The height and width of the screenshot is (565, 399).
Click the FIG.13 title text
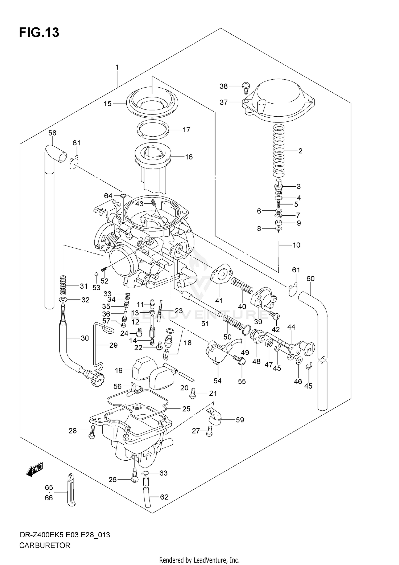pos(39,33)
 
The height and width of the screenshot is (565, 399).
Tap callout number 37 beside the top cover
pos(223,102)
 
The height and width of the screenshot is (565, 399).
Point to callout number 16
pos(189,157)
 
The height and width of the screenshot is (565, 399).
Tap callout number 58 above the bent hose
pos(52,133)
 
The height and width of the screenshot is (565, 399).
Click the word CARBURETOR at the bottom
pos(45,546)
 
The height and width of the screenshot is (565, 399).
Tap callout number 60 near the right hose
pos(310,279)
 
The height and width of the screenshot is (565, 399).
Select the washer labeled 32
pos(63,300)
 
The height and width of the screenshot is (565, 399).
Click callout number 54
pos(217,381)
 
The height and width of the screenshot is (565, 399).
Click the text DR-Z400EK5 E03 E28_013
pos(65,535)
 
